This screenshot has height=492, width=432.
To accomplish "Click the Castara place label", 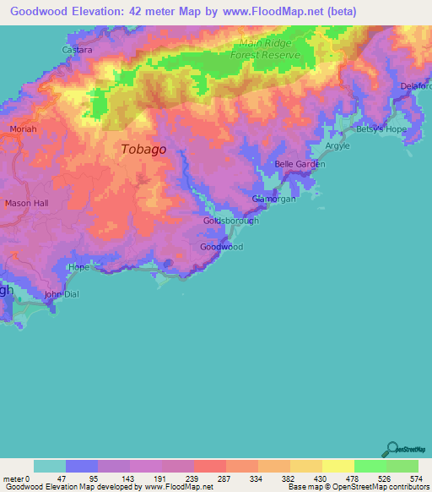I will [x=77, y=50].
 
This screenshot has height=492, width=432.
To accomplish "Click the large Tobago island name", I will [x=143, y=149].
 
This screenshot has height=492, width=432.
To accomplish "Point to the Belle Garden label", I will [x=300, y=165].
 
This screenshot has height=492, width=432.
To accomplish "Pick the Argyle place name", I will [x=337, y=146].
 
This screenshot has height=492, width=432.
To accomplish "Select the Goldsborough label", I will [x=229, y=221].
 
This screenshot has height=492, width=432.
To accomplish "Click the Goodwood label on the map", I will [x=222, y=247].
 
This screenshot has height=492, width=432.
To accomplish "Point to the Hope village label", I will [x=78, y=267].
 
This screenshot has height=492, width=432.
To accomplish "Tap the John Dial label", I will [x=60, y=294].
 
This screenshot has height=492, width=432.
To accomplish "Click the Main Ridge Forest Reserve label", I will [x=269, y=49].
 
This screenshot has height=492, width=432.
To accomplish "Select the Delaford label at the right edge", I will [x=415, y=86].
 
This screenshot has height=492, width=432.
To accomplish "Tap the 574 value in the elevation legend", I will [x=418, y=478].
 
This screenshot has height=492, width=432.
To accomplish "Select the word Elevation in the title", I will [x=96, y=12].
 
